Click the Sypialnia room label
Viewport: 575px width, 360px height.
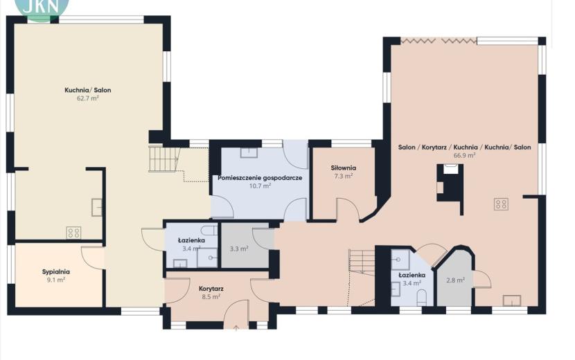(55, 272)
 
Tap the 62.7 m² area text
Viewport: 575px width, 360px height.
(88, 98)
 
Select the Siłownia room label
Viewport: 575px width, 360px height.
(343, 168)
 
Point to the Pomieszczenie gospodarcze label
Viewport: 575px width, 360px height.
(260, 178)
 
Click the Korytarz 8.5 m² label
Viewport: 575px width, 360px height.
(211, 293)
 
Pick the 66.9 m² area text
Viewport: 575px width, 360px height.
(464, 155)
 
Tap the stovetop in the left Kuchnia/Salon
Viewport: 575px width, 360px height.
(73, 233)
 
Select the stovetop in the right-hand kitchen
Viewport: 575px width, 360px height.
(501, 204)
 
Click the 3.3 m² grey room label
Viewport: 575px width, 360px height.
(239, 249)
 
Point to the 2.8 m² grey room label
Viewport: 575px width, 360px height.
(455, 280)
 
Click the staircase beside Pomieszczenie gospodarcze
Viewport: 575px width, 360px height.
(165, 159)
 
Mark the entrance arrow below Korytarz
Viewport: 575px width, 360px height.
(236, 327)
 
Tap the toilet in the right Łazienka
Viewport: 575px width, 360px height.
(422, 298)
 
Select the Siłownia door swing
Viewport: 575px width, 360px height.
(348, 209)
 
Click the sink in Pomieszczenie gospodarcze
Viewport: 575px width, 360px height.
(249, 152)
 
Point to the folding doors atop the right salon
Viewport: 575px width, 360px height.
(439, 40)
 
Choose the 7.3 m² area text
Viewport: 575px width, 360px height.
(343, 176)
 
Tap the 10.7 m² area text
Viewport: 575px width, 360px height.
(260, 186)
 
